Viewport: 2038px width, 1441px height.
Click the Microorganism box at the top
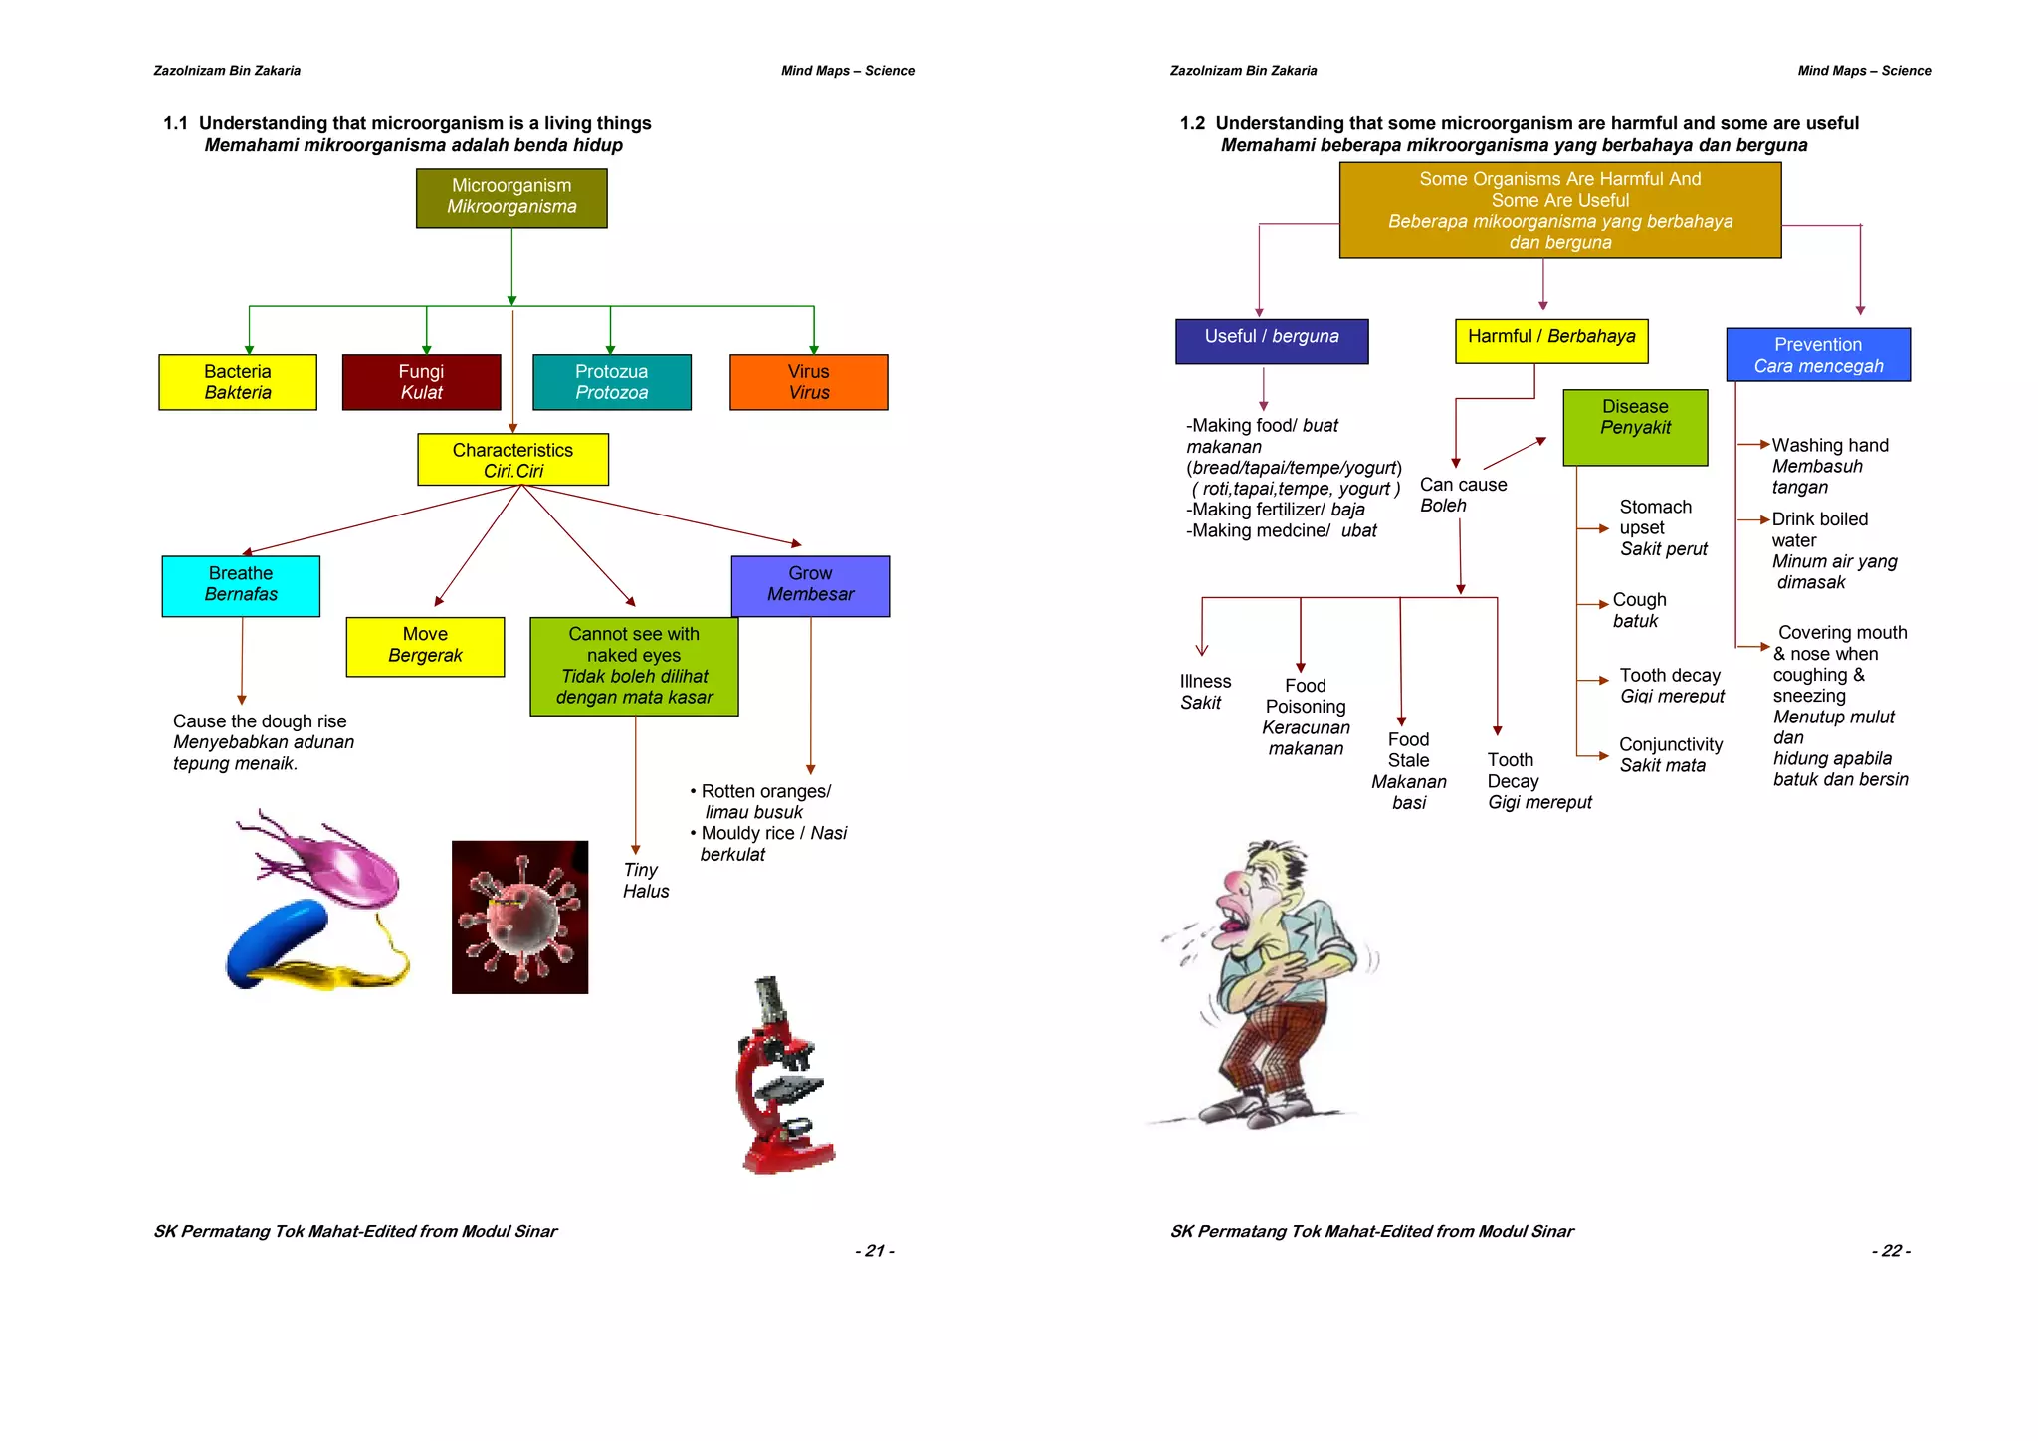(511, 198)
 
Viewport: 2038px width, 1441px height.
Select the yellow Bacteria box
(238, 382)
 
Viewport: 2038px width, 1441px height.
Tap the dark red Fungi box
(421, 382)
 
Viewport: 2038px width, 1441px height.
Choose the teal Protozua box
(611, 382)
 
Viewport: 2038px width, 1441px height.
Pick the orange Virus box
(808, 382)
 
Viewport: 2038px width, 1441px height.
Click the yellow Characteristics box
(512, 460)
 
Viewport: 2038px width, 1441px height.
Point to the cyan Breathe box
(241, 585)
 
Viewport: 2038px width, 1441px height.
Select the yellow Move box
(425, 646)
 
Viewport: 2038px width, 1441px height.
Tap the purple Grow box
(810, 585)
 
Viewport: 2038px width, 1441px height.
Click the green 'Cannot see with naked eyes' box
(634, 666)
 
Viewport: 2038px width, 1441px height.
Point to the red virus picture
(519, 917)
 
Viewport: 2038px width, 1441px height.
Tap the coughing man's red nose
(1235, 884)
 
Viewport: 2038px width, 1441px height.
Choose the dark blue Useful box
(1271, 340)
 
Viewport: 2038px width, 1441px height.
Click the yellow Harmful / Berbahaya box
(1550, 340)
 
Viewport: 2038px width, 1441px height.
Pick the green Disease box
(1635, 427)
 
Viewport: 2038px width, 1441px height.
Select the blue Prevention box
(1817, 355)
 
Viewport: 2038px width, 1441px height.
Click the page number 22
(1891, 1251)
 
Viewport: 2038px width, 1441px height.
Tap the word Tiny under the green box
(641, 870)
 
